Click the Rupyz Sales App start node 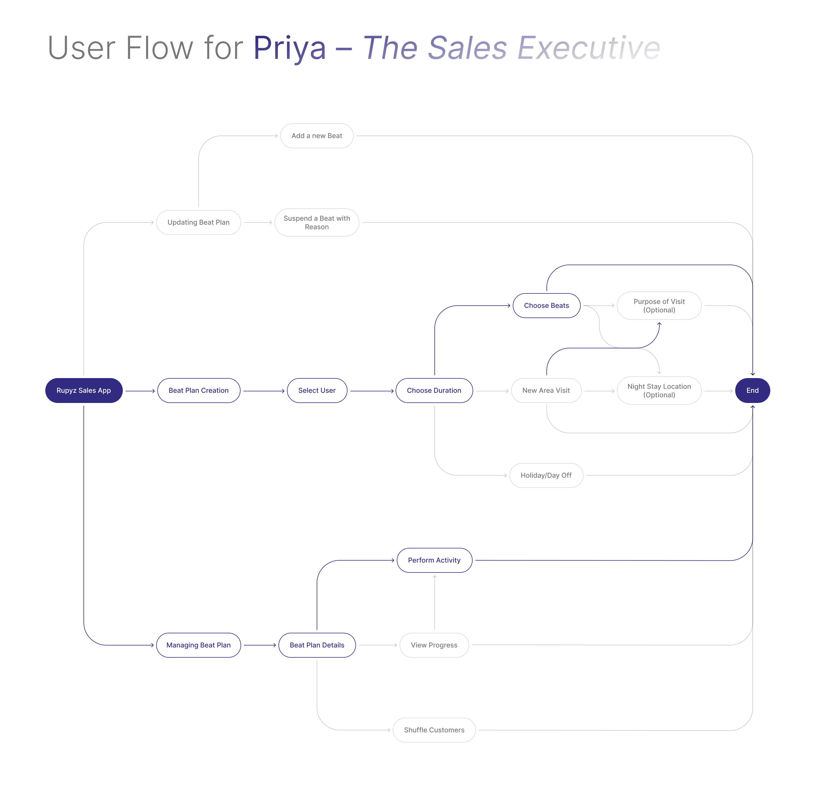(83, 391)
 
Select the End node (752, 391)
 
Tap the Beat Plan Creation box (198, 391)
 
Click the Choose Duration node (434, 391)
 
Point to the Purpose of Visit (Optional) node (659, 306)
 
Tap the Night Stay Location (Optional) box (659, 391)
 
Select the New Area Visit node (546, 391)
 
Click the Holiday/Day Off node (546, 475)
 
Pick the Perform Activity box (434, 560)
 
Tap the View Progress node (434, 645)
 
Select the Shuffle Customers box (434, 730)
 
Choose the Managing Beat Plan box (198, 645)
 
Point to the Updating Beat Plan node (198, 222)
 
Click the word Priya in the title (289, 48)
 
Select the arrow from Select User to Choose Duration (371, 391)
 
